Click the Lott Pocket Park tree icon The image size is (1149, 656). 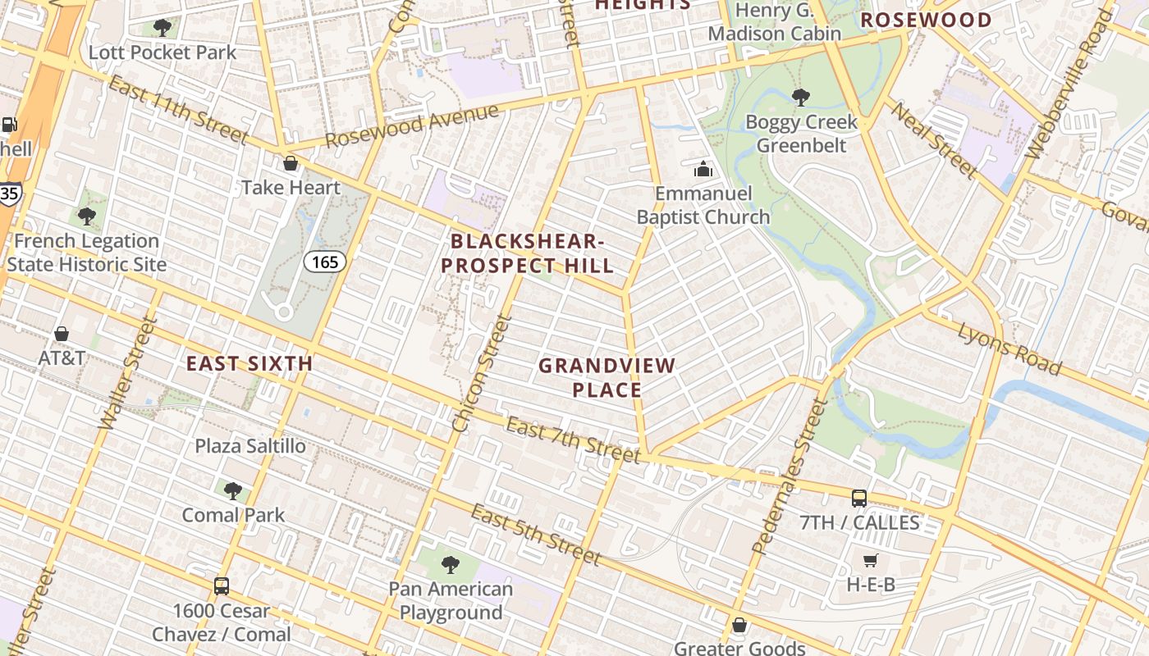163,28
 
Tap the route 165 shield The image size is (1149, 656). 325,262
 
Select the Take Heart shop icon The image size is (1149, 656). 290,163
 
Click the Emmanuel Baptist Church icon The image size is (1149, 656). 703,170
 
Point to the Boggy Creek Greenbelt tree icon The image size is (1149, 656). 801,98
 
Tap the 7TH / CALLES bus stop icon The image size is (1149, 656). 858,498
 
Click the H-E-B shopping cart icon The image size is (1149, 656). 870,561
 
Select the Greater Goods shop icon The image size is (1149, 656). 739,625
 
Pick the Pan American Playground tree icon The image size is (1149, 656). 450,564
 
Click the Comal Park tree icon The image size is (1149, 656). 233,491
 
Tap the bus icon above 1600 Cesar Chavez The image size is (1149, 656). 221,586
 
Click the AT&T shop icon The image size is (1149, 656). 62,334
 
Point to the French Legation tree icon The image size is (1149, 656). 86,217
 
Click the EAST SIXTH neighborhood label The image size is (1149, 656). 249,363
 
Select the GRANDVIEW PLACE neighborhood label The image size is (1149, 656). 607,378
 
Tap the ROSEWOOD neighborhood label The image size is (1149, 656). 926,20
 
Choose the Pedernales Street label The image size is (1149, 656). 787,476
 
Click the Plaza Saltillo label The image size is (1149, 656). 250,446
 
